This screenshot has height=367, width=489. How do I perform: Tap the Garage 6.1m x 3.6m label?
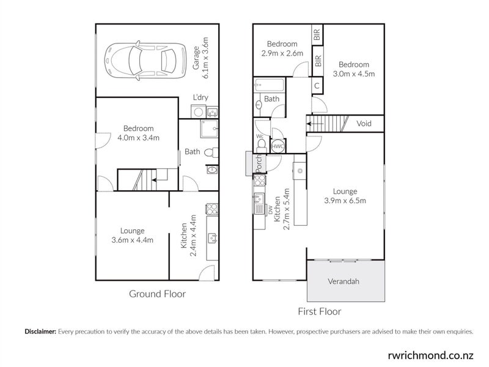(200, 58)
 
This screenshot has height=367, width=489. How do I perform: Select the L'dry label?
(200, 97)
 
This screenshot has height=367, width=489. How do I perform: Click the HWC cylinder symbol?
(278, 146)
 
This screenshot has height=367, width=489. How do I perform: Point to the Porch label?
(259, 163)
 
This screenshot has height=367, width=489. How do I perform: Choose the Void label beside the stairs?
(364, 124)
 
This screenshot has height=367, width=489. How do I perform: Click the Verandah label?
(344, 281)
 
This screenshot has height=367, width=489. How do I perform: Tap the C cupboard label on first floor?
(317, 86)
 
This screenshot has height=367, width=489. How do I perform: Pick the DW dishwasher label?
(270, 210)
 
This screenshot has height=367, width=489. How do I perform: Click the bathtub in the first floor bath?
(270, 85)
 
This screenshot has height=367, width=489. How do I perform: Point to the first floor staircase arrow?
(315, 124)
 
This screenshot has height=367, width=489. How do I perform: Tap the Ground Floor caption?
(157, 294)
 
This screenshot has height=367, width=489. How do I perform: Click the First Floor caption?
(319, 311)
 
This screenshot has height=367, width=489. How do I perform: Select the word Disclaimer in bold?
(40, 332)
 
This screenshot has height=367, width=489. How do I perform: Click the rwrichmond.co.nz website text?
(431, 355)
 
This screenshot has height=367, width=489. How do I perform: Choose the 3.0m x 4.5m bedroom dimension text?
(354, 74)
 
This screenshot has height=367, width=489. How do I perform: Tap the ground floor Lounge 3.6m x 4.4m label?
(132, 235)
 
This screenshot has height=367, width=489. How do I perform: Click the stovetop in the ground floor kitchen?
(212, 209)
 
